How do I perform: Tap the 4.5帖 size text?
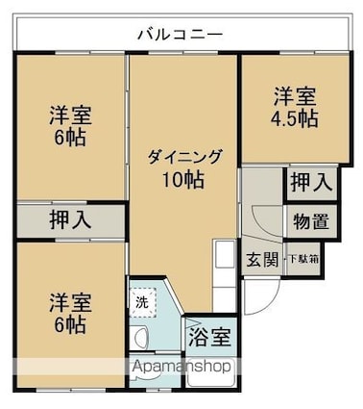294,118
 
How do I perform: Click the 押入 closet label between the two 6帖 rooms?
70,218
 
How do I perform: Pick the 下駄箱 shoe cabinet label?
308,258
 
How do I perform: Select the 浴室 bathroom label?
208,339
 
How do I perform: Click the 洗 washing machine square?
143,301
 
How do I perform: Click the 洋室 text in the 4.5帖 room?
294,96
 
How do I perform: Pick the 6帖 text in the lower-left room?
68,324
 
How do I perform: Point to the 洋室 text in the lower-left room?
68,301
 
